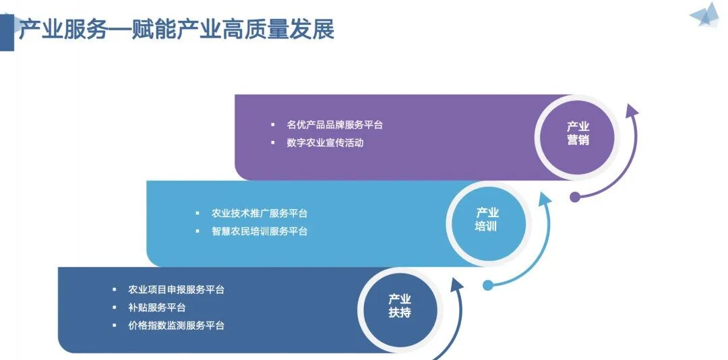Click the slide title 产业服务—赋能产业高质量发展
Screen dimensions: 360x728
176,30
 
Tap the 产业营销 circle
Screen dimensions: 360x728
578,133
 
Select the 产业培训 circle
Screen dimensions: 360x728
486,220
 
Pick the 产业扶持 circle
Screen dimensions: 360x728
400,306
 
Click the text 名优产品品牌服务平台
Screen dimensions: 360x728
334,125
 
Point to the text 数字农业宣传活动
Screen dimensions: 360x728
325,143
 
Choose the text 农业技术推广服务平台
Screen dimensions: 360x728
260,214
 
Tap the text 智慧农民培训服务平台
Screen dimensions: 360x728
260,231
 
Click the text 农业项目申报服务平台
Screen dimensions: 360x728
176,290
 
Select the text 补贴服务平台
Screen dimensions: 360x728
157,307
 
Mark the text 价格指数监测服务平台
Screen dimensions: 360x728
176,326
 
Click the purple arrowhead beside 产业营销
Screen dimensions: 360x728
631,111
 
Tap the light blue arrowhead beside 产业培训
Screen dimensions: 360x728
544,198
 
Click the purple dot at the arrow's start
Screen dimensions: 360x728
575,198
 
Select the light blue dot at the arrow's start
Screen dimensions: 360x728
488,285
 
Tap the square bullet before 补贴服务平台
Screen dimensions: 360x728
115,308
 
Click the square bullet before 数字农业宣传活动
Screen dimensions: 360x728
272,143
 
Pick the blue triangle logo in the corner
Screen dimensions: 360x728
704,16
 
